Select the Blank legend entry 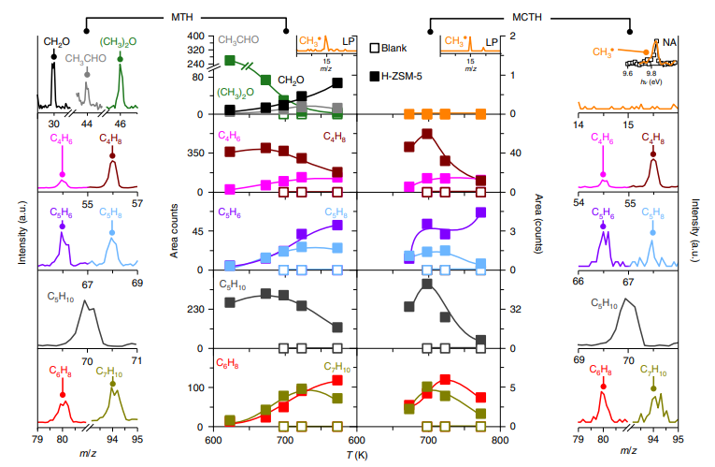point(398,46)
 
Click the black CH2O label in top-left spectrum point(53,41)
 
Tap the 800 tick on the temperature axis point(501,440)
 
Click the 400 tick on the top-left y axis point(194,36)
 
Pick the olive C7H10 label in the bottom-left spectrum point(113,370)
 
